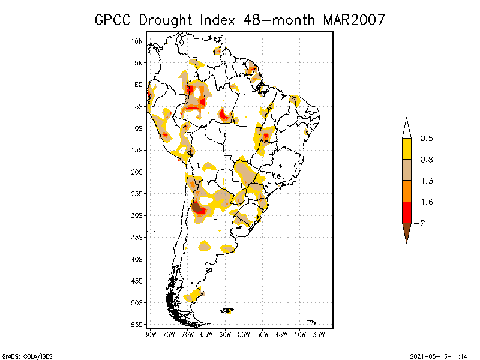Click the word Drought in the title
tap(166, 20)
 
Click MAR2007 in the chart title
tap(353, 20)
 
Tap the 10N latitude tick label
tap(137, 41)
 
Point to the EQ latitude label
tap(139, 85)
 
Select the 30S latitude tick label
tap(137, 215)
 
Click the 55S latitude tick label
tap(137, 325)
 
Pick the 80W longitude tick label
tap(150, 334)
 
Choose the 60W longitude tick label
tap(226, 334)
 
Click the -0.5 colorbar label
tap(425, 139)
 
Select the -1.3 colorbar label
tap(425, 181)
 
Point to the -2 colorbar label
tap(422, 223)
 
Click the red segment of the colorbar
tap(406, 212)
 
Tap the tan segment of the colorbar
tap(406, 170)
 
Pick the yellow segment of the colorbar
tap(406, 149)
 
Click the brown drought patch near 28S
tap(196, 207)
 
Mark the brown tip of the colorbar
tap(406, 231)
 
